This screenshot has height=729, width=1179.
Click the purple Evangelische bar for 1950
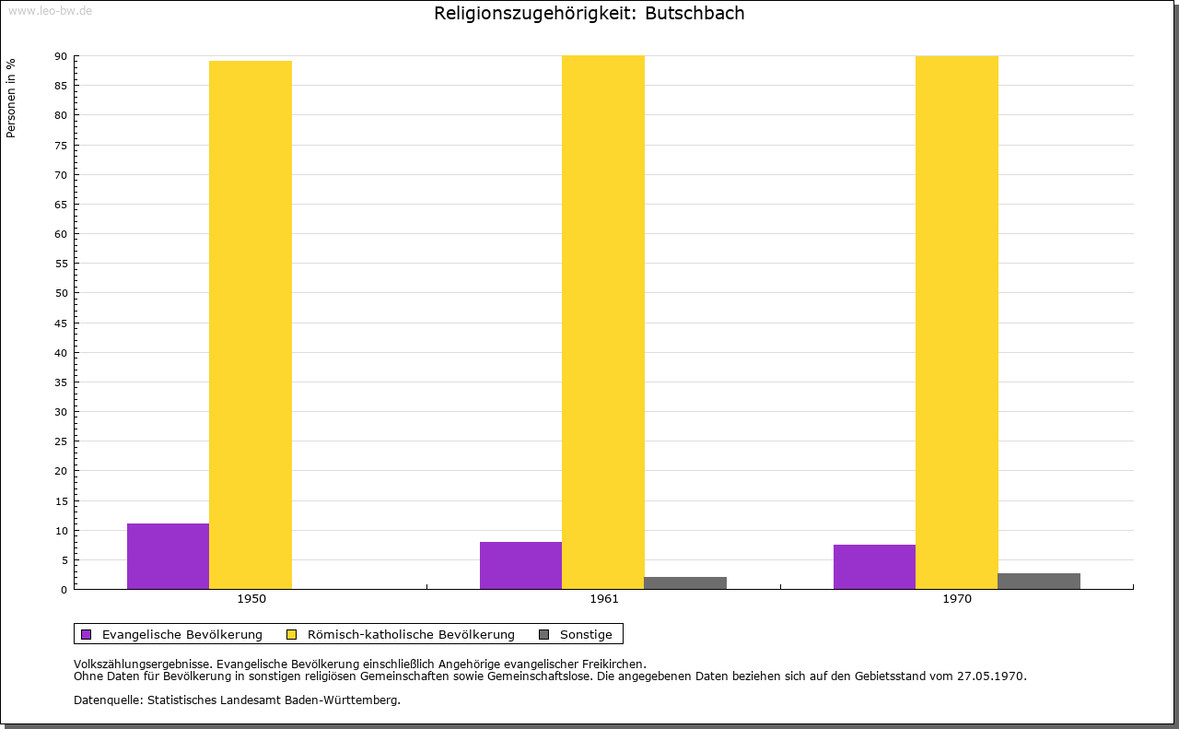(168, 557)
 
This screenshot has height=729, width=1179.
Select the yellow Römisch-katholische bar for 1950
(251, 325)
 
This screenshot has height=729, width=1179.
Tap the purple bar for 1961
(521, 566)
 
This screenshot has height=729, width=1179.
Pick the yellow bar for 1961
(603, 323)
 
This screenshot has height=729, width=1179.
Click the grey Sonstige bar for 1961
(685, 583)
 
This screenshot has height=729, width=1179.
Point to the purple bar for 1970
(875, 567)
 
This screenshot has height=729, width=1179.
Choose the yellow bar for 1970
(957, 323)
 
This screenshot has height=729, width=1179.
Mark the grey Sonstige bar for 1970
(1039, 582)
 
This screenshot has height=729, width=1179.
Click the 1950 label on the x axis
(251, 599)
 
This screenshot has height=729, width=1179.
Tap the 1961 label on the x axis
(604, 599)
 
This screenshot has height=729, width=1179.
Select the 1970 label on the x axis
(957, 599)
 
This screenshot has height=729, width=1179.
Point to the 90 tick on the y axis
(61, 56)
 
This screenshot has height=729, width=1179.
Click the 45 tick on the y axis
(61, 323)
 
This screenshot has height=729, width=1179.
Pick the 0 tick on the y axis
(64, 590)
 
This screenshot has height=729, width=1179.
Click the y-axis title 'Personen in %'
(11, 98)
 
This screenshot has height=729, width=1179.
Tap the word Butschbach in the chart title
(695, 13)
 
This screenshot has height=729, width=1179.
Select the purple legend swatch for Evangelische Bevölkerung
(87, 635)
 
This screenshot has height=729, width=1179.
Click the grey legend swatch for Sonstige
(544, 635)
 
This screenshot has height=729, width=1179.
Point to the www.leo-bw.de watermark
(50, 11)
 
